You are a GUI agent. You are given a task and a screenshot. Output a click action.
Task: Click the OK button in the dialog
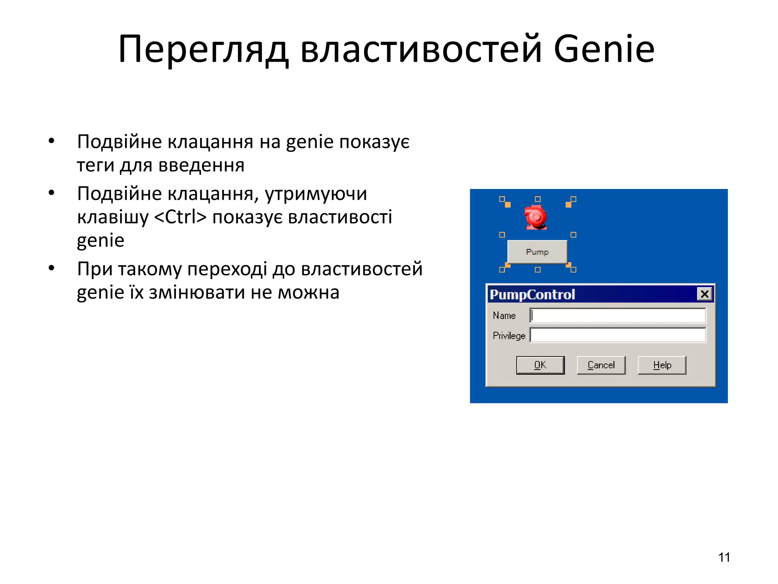pos(540,365)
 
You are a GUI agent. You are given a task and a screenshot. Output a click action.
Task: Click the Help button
pos(662,365)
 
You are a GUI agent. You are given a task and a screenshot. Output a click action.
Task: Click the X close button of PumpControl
pos(704,294)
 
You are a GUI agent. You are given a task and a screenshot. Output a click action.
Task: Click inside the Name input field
pos(617,316)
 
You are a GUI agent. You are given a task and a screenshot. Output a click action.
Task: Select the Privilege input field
pos(617,335)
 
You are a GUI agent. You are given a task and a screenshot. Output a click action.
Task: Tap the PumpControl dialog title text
pos(532,295)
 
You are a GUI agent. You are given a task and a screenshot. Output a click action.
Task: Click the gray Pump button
pos(537,252)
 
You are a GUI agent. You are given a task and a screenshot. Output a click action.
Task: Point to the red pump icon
pos(536,217)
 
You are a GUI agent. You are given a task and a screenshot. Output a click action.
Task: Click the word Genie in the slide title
pos(604,49)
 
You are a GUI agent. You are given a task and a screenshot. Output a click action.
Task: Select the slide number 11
pos(724,557)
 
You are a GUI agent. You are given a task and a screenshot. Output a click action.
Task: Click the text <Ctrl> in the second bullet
pos(180,217)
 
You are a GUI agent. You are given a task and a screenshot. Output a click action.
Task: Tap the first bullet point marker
pos(52,141)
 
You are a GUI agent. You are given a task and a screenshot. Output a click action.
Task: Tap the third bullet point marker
pos(52,268)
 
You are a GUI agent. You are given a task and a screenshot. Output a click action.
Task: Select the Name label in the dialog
pos(504,316)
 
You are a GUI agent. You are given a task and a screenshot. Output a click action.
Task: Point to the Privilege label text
pos(509,336)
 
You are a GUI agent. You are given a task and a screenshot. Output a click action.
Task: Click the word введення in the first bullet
pos(201,165)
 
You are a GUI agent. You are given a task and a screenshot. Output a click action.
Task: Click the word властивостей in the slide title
pos(421,50)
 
